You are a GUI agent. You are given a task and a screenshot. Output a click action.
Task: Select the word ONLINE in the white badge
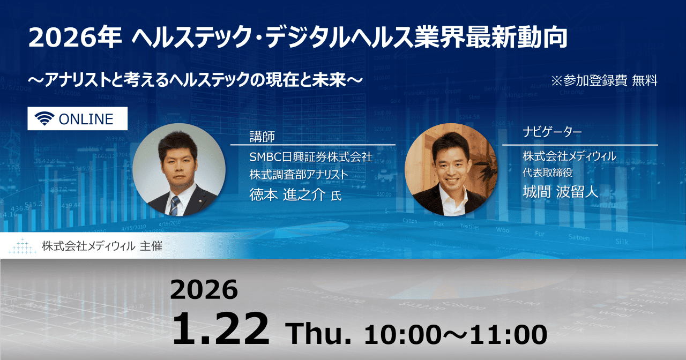point(86,119)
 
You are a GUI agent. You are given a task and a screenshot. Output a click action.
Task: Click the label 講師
point(262,137)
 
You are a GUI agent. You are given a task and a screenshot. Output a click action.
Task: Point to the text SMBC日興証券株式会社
point(311,157)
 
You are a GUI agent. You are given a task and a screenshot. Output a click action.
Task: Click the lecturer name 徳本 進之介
point(287,195)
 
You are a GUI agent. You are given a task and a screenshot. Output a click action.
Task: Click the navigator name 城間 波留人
point(560,192)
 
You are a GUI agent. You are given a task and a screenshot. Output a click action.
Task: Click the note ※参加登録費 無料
point(604,81)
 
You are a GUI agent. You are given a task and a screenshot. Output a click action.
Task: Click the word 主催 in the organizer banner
point(151,246)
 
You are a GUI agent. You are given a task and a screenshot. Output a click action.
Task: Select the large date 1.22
point(220,329)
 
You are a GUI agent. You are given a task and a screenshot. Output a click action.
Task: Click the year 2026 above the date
point(204,290)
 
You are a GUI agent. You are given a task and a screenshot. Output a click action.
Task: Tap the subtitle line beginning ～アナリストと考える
point(196,81)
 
